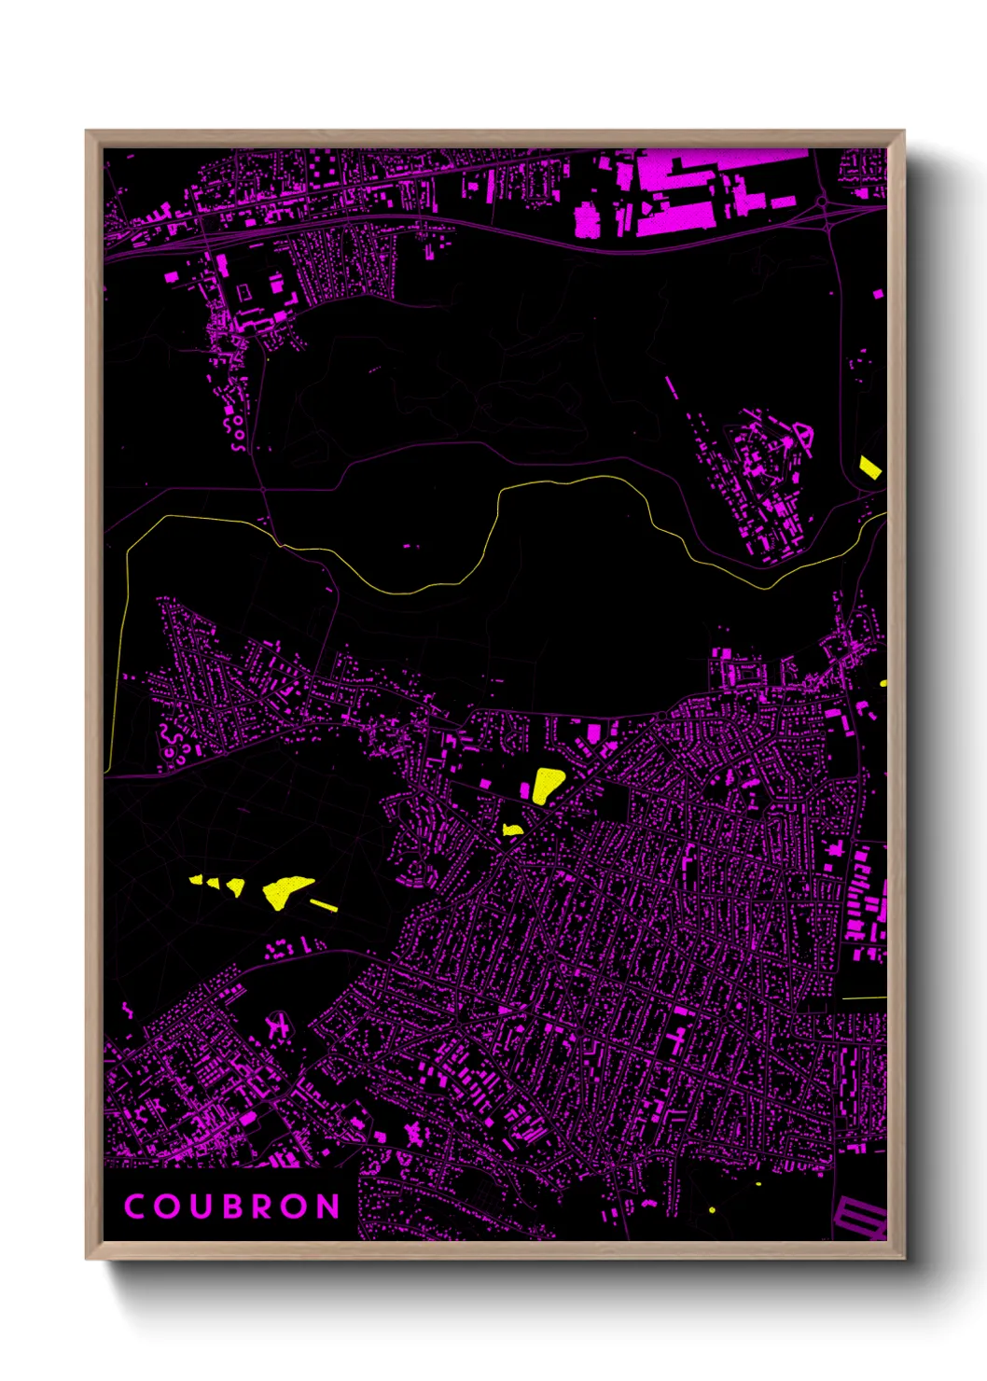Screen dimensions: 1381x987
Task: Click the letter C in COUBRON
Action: pos(134,1207)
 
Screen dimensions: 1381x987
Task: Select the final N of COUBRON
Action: pos(327,1207)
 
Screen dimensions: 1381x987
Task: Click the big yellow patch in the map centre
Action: pos(547,784)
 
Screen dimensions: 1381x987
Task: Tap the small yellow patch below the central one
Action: pos(511,829)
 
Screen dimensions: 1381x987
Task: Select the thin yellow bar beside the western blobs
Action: pos(324,904)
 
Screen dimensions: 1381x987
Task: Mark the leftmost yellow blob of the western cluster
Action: pos(197,878)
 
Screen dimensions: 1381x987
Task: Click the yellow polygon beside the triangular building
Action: pos(869,467)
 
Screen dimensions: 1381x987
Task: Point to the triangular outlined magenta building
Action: pos(803,436)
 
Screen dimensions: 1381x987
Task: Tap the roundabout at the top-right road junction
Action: pos(823,201)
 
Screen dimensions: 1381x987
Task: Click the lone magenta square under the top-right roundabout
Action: pos(878,294)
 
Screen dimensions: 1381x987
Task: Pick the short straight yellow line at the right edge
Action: pos(864,997)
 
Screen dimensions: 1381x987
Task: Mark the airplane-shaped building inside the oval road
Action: pos(277,1026)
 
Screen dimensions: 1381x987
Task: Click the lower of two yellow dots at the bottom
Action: pos(712,1210)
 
